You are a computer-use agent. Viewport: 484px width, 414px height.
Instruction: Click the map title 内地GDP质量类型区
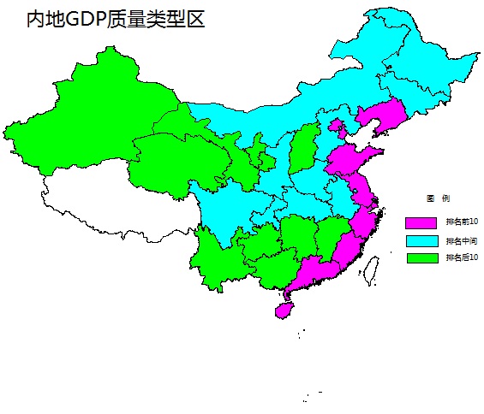pos(116,20)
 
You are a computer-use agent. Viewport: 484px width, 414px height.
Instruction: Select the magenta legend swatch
pos(421,222)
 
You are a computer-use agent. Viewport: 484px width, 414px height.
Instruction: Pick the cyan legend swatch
pos(421,240)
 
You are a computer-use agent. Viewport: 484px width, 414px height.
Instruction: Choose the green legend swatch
pos(421,257)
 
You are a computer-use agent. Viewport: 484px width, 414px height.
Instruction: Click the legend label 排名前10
pos(461,222)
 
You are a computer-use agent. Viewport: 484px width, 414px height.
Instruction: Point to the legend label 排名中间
pos(461,240)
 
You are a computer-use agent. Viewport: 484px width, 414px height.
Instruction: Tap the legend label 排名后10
pos(461,257)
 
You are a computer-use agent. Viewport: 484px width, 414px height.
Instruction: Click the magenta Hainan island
pos(284,309)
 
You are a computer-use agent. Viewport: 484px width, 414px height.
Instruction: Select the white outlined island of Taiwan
pos(372,269)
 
